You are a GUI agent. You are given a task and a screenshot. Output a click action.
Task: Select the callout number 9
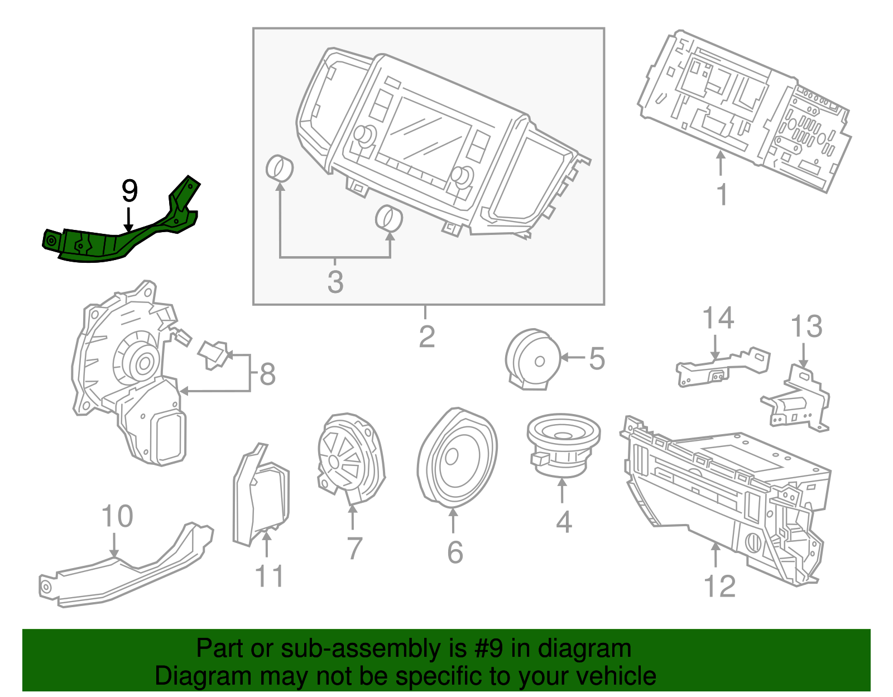pos(129,191)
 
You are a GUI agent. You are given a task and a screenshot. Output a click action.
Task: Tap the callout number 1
pos(722,195)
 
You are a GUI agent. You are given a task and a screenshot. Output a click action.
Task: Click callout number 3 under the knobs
pos(335,282)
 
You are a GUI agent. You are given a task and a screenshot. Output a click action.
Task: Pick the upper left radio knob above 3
pos(280,168)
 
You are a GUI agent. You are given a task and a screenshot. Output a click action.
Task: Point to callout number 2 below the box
pos(426,337)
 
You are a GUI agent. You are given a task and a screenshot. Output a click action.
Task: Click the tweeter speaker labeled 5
pos(533,359)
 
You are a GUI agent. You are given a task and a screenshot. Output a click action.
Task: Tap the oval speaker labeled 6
pos(457,458)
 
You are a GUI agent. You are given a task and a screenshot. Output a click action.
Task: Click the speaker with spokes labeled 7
pos(351,458)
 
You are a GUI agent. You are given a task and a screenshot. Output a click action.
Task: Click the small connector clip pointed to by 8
pos(213,354)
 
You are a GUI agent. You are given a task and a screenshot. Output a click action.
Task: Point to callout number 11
pos(269,576)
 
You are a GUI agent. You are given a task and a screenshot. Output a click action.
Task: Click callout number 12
pos(719,586)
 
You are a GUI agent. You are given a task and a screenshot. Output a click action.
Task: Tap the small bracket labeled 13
pos(797,399)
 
